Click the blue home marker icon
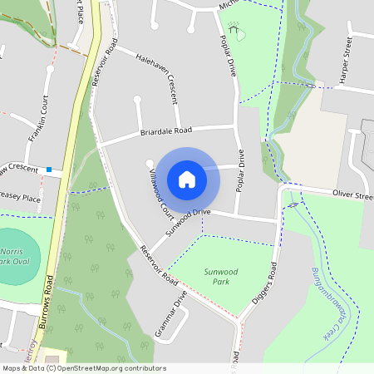187,179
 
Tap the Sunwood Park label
221,276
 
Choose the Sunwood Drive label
188,222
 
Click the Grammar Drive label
171,313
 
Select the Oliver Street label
353,194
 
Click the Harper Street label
347,62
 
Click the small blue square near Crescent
49,170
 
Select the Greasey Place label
20,199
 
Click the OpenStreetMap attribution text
84,368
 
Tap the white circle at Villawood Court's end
150,163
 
